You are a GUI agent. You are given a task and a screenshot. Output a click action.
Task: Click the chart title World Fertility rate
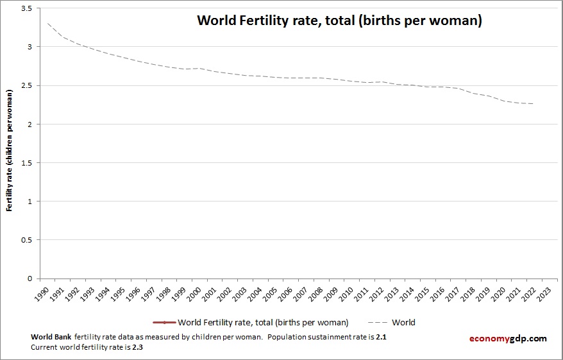click(x=339, y=21)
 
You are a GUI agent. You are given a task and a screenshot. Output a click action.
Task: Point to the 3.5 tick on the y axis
click(x=27, y=8)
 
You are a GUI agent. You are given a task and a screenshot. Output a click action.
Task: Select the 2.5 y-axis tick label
click(x=27, y=85)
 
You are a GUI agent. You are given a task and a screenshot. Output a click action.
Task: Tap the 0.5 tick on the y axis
click(x=27, y=240)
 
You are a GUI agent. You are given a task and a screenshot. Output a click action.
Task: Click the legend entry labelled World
click(x=403, y=322)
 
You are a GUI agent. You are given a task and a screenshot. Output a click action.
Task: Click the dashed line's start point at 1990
click(x=47, y=23)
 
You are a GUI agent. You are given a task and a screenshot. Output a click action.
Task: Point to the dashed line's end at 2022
click(x=533, y=103)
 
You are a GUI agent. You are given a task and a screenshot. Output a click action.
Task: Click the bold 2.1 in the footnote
click(x=381, y=337)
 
